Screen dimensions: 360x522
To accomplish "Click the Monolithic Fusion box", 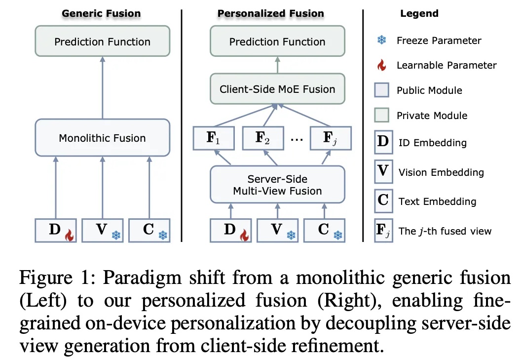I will tap(102, 138).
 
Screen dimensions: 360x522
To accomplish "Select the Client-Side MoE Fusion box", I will tap(277, 89).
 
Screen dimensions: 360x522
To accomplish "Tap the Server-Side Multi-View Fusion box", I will tap(277, 185).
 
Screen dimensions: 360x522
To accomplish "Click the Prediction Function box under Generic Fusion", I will tap(102, 41).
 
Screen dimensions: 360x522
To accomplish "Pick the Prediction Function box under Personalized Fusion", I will tap(277, 41).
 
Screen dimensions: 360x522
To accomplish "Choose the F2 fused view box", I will tap(263, 138).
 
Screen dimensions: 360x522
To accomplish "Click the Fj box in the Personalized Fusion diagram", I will tap(331, 138).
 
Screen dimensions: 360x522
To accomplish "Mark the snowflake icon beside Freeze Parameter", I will tap(381, 40).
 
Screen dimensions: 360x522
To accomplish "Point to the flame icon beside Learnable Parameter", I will tap(381, 65).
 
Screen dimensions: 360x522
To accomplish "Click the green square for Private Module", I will tap(382, 116).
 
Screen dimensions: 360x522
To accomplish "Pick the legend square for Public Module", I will tap(382, 91).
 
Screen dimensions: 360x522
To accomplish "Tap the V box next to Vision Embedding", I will tap(383, 172).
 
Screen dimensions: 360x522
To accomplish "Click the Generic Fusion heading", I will tap(101, 14).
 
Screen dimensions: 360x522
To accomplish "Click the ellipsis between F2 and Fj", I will tap(297, 139).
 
